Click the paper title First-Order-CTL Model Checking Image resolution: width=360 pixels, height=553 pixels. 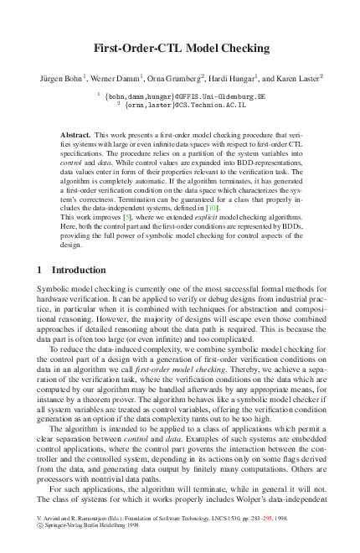[x=179, y=49]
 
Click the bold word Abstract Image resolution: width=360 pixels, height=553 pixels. [x=77, y=135]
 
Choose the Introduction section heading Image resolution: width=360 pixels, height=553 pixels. [x=79, y=270]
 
